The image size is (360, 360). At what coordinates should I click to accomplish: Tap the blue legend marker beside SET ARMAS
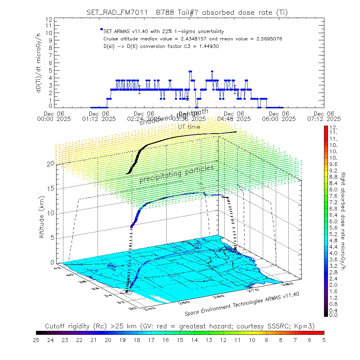pos(102,29)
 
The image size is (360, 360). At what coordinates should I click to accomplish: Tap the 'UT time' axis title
pos(189,126)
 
